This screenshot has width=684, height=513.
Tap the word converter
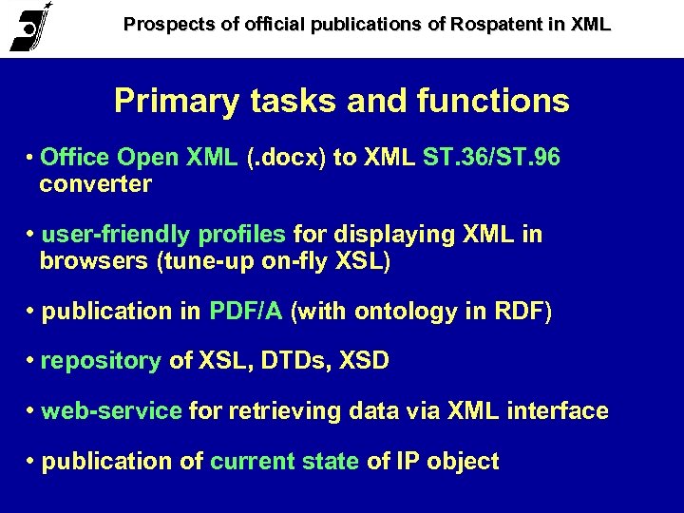pos(95,184)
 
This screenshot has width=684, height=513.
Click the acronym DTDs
pos(286,361)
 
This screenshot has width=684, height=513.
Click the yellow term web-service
pos(112,411)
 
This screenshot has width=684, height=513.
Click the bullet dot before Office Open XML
pos(32,159)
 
